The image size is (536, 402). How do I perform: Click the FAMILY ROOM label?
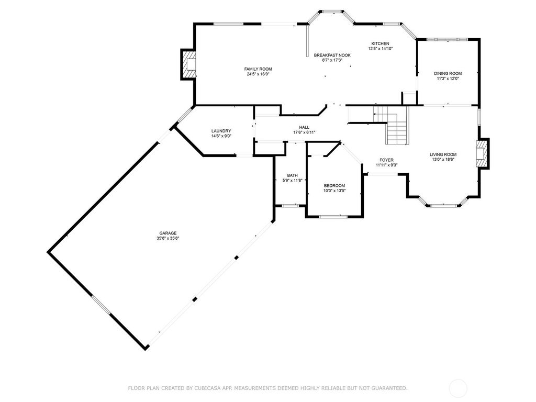click(x=258, y=69)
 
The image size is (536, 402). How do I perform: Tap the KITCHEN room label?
click(x=380, y=43)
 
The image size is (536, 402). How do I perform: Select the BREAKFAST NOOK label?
click(x=332, y=55)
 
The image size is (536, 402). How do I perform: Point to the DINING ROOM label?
click(x=448, y=73)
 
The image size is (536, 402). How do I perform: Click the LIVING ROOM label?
click(x=443, y=154)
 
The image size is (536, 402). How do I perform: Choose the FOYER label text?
click(x=386, y=160)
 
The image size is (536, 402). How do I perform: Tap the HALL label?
click(x=304, y=127)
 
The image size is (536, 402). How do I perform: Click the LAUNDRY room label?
click(x=221, y=131)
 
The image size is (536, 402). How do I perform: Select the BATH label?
click(x=292, y=175)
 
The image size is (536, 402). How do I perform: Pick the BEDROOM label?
click(x=334, y=186)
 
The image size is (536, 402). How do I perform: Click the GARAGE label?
click(x=168, y=233)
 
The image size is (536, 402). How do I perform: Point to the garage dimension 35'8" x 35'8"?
click(x=168, y=238)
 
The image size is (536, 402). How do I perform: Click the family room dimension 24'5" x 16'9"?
click(x=258, y=74)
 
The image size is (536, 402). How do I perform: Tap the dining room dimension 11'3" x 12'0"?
click(x=448, y=79)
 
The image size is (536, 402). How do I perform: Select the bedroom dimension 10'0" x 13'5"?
click(x=334, y=191)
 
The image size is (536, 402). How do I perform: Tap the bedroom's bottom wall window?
click(x=334, y=216)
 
